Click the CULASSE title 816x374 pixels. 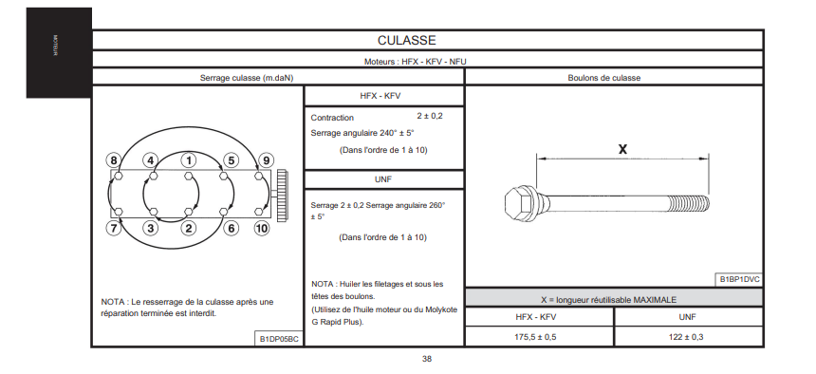coord(406,40)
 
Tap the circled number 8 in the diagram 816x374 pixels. coord(113,159)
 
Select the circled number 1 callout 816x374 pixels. coord(189,159)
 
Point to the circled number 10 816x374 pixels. coord(262,228)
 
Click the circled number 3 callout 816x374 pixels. coord(151,228)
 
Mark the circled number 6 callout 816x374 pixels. coord(232,228)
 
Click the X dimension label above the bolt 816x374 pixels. coord(622,149)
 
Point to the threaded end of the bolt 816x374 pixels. coord(688,202)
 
